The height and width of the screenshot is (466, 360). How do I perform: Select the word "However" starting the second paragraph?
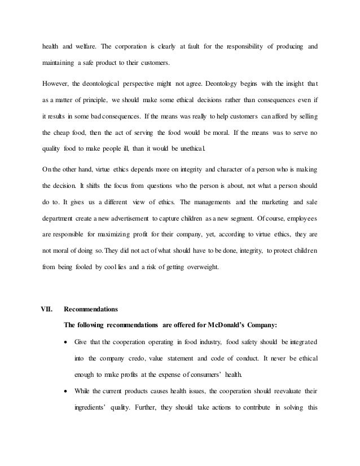(57, 85)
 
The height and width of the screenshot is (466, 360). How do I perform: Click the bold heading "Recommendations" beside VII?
(90, 309)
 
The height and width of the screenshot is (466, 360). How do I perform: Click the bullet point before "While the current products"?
(68, 391)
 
